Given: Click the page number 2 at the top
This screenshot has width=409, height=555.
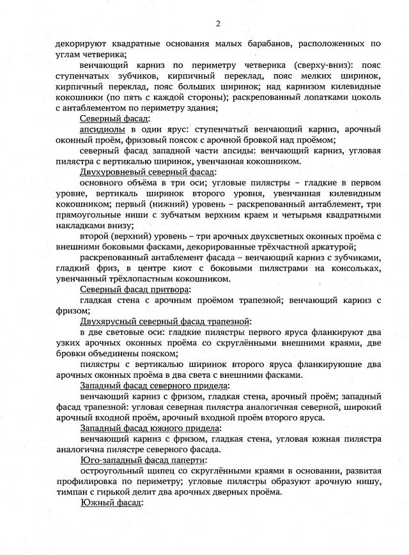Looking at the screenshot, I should coord(217,24).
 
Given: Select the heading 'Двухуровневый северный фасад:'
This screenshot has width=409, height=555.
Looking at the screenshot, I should coord(148,172).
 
